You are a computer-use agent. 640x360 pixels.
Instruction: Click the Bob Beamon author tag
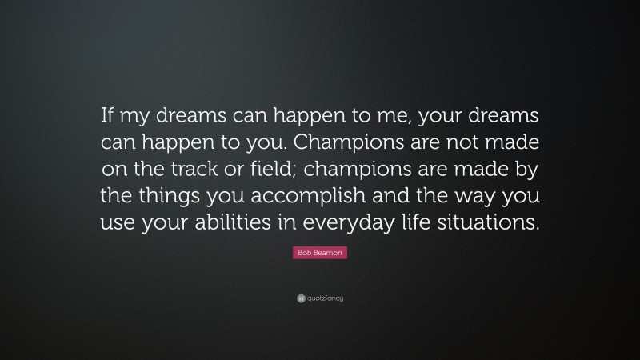point(320,253)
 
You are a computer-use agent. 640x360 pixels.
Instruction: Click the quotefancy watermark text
point(325,298)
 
